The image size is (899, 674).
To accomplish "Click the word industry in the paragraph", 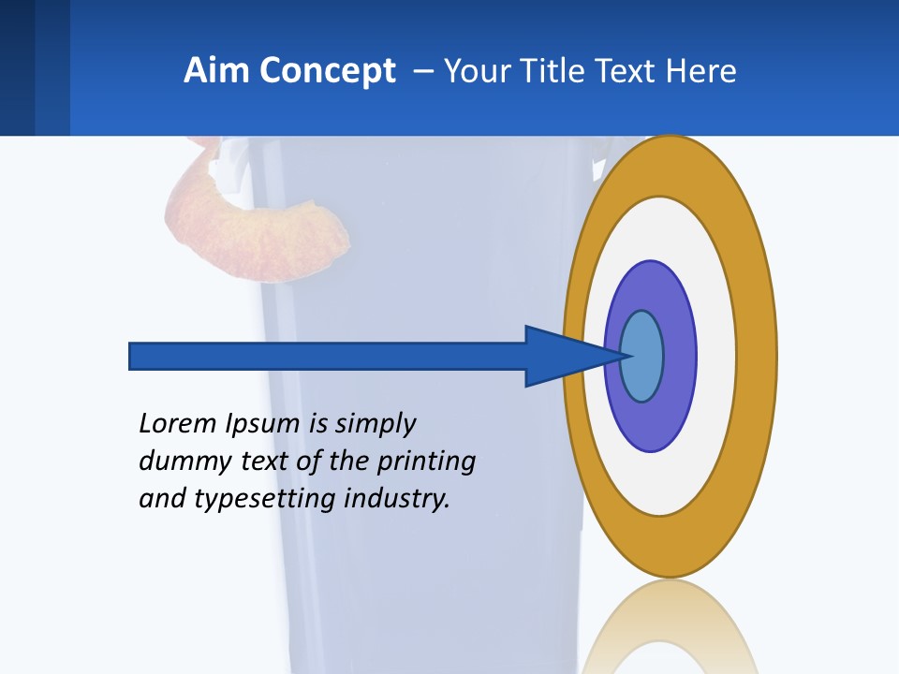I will pyautogui.click(x=397, y=499).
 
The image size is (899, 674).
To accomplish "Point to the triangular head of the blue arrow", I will pyautogui.click(x=562, y=356).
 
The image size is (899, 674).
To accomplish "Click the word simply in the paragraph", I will pyautogui.click(x=375, y=424).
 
